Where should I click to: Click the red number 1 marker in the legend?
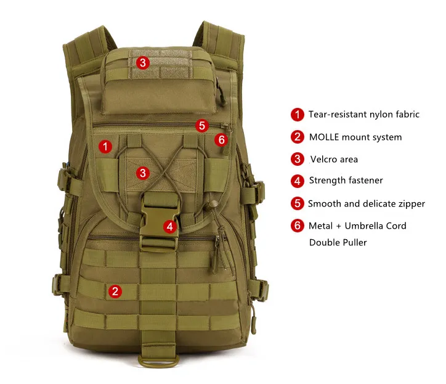298,114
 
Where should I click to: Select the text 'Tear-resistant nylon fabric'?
363,114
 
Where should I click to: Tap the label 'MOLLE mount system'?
355,137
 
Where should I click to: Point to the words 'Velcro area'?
333,159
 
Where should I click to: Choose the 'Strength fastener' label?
346,181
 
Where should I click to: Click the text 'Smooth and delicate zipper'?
366,203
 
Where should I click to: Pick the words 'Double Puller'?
338,242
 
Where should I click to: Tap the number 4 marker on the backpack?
170,226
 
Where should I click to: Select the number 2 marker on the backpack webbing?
115,292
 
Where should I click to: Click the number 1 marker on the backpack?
105,146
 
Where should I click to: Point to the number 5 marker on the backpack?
202,126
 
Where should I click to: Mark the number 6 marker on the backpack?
221,140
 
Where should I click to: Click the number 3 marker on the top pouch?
143,62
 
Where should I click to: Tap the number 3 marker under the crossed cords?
143,173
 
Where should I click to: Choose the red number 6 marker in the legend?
298,226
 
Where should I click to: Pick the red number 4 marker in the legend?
298,181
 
